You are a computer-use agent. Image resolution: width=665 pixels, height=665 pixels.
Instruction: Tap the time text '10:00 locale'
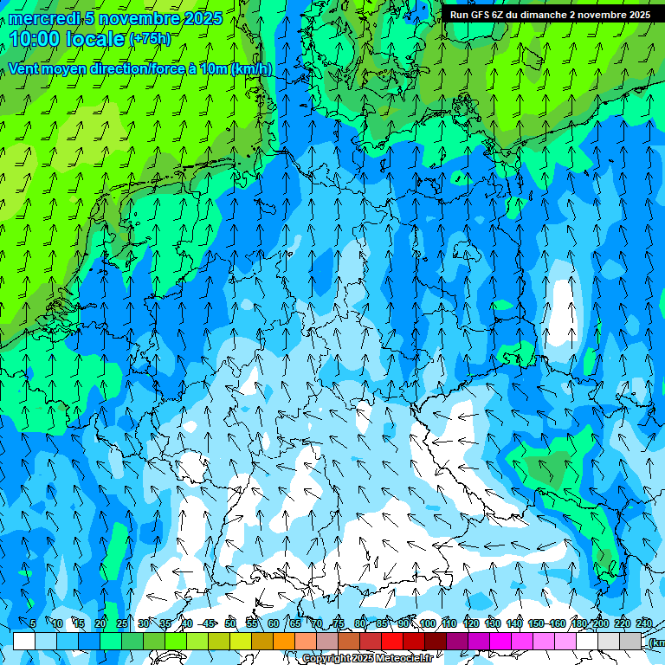click(68, 39)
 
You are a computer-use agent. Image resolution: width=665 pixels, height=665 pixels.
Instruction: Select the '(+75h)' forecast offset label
click(150, 39)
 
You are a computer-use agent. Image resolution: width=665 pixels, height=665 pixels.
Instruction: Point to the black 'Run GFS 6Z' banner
click(550, 15)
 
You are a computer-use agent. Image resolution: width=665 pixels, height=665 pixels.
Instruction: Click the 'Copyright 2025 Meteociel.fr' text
click(366, 658)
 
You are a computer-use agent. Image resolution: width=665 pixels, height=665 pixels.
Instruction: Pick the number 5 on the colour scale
click(33, 623)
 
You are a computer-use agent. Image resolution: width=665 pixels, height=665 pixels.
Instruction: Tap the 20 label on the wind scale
click(100, 623)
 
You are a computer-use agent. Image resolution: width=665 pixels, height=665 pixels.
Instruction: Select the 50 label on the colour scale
click(230, 623)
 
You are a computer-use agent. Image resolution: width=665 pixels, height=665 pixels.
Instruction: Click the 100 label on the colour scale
click(428, 623)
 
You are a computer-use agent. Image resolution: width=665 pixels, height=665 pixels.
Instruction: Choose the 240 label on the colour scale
click(643, 623)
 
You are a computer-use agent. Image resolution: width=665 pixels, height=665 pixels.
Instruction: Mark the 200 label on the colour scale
click(600, 623)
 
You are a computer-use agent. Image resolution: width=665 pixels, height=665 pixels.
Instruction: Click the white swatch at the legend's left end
click(24, 641)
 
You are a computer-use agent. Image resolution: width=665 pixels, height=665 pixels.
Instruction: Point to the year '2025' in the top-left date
click(203, 18)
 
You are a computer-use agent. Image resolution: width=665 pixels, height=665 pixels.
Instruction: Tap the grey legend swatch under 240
click(630, 641)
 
